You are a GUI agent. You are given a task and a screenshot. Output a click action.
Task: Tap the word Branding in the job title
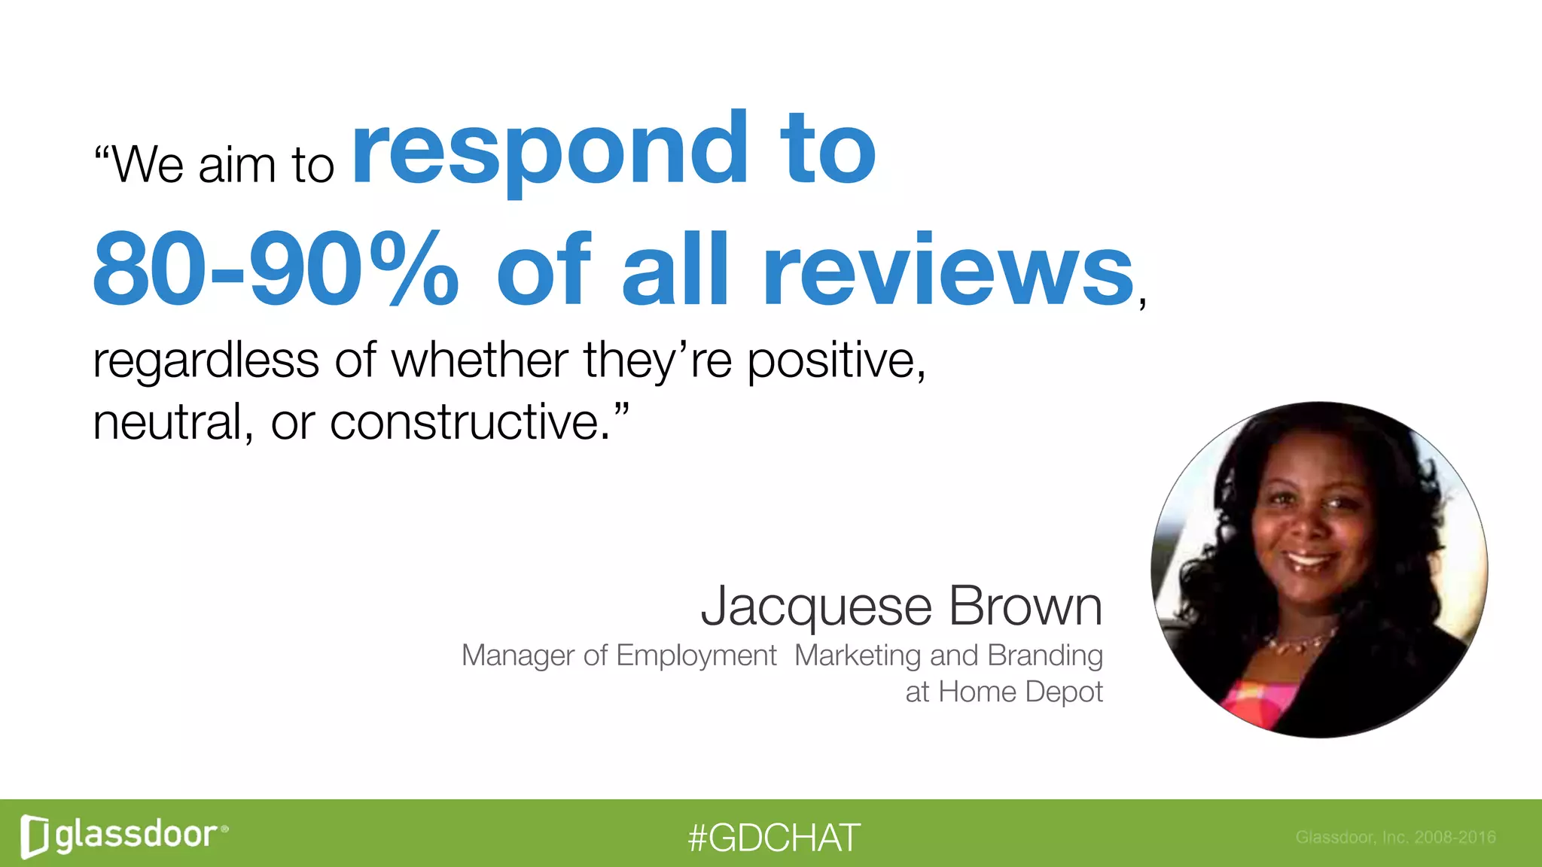click(x=1045, y=656)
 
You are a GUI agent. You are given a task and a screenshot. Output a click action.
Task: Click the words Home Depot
click(x=1020, y=692)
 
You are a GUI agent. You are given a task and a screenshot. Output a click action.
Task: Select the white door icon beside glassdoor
click(x=35, y=836)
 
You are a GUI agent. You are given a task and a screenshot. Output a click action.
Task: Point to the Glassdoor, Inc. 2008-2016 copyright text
click(x=1395, y=837)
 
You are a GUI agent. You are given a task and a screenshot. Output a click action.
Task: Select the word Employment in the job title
click(x=696, y=656)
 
